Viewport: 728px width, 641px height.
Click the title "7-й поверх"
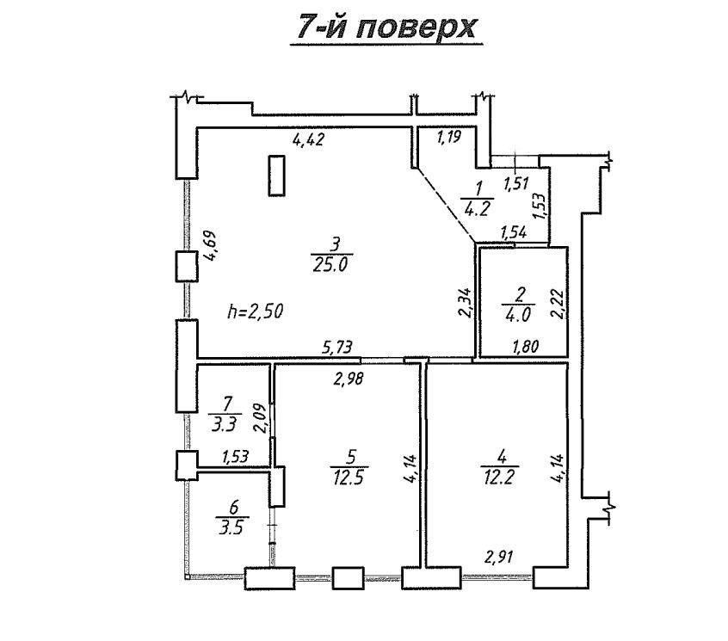point(386,27)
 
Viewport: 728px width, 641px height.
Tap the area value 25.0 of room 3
point(330,264)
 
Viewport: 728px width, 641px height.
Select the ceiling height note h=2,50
point(256,311)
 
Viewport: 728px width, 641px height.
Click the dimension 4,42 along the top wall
point(308,139)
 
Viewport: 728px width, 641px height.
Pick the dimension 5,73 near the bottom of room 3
point(337,347)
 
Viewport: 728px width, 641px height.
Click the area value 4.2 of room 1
point(477,209)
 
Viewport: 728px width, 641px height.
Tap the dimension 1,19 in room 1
point(448,137)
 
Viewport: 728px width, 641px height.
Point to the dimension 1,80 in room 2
point(526,346)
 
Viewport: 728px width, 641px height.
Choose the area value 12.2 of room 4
point(500,477)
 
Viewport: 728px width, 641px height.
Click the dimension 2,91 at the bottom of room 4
point(500,556)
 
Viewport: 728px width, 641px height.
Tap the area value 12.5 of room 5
point(349,477)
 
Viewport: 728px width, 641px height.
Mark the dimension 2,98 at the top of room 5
point(349,379)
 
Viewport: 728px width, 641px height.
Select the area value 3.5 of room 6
point(231,527)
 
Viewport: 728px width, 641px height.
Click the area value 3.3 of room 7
point(225,424)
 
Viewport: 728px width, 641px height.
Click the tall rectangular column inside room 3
point(277,176)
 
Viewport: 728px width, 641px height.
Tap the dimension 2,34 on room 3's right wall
point(466,302)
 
